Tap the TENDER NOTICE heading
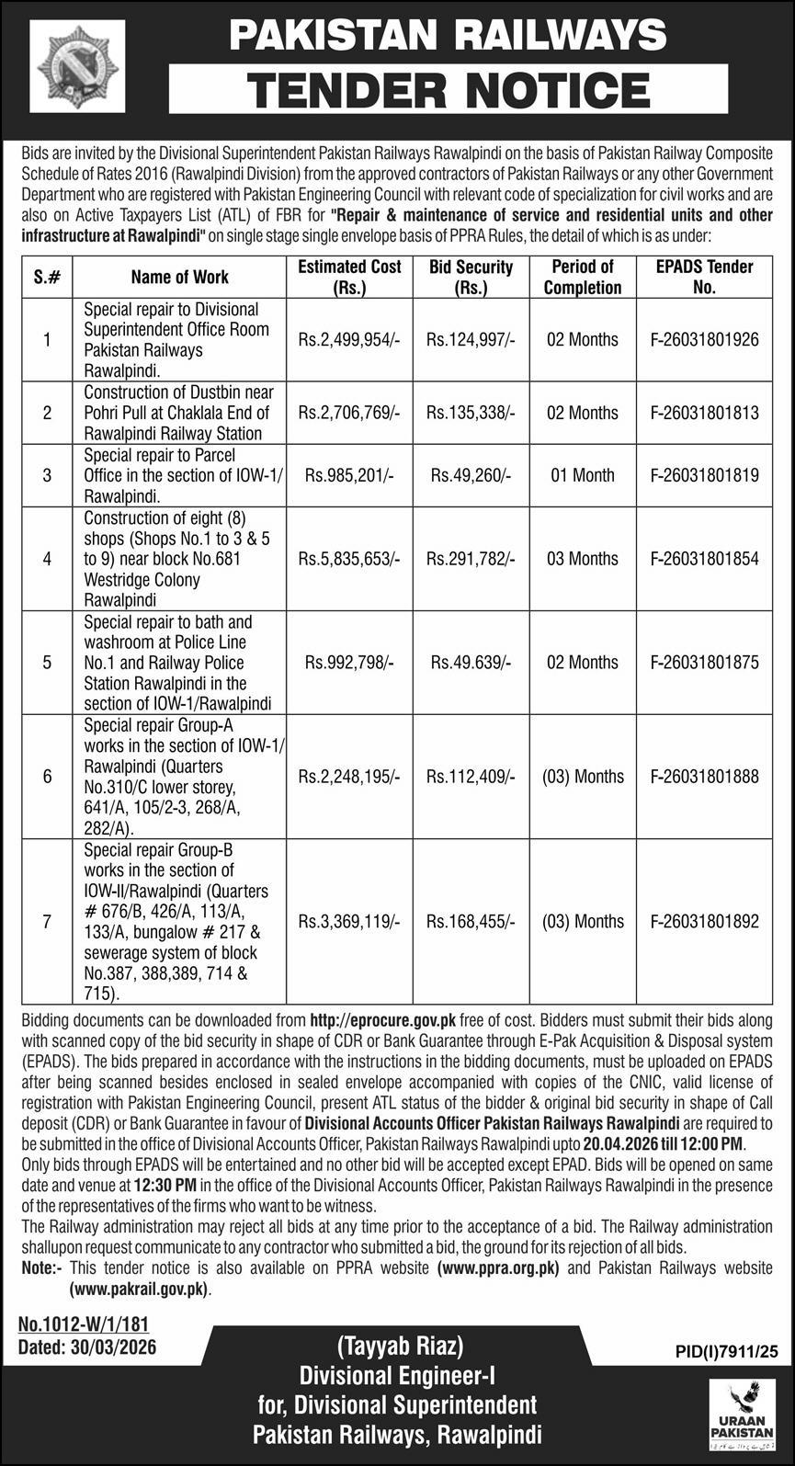449,90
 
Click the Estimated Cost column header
349,277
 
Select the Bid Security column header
471,277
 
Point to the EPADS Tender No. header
704,277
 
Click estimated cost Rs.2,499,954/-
349,340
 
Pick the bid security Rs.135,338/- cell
471,413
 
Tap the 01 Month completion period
582,475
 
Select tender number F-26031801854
704,559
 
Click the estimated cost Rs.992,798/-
349,663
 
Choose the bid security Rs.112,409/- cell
471,777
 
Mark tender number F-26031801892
704,922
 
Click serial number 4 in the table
47,559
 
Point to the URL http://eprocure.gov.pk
383,1020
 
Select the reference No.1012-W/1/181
83,1324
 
